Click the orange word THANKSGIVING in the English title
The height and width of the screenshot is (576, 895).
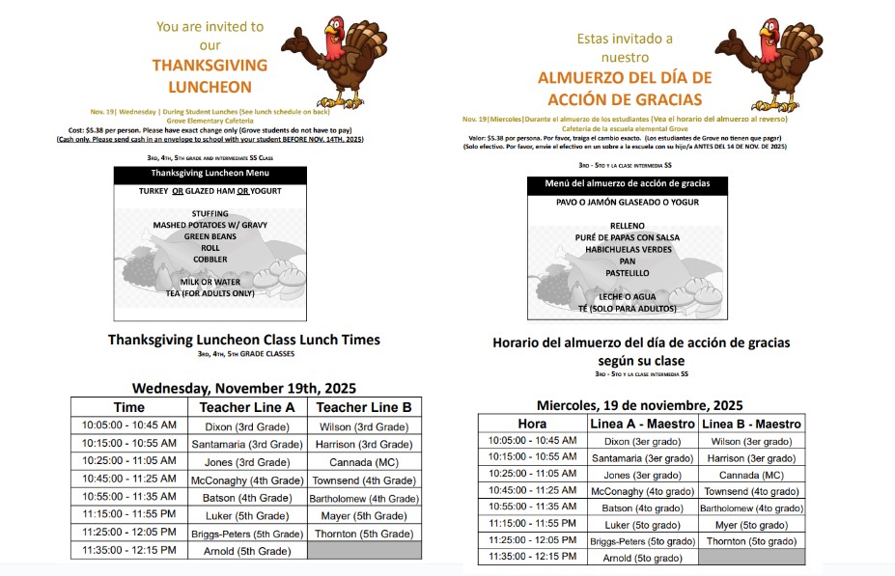click(x=210, y=66)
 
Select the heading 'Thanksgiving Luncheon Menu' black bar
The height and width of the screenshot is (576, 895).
click(x=210, y=174)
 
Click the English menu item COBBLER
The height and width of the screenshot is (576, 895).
click(x=210, y=260)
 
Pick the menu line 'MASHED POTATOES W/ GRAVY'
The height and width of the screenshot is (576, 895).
click(x=210, y=225)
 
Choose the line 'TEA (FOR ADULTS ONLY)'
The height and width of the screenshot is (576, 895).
click(x=210, y=293)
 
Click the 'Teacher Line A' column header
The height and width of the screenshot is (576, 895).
click(x=246, y=407)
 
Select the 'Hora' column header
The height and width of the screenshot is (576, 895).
click(x=532, y=424)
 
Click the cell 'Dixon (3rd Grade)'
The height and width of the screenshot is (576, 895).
click(x=246, y=425)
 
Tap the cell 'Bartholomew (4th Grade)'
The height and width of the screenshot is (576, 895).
click(x=364, y=498)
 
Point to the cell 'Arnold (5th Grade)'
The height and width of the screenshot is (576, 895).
click(x=246, y=551)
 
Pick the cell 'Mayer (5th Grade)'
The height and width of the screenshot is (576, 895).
click(x=364, y=516)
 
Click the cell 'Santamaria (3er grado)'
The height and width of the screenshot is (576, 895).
click(x=642, y=458)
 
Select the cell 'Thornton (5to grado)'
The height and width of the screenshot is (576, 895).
click(x=752, y=541)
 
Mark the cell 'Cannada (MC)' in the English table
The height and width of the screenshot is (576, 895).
click(x=364, y=461)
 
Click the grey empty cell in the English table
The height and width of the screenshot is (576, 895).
click(x=364, y=551)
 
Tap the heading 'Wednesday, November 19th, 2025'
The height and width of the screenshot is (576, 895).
click(x=244, y=388)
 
